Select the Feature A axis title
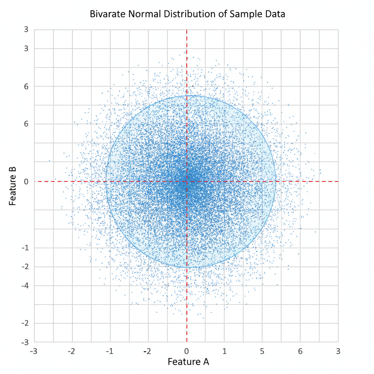click(188, 362)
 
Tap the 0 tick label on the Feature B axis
click(26, 182)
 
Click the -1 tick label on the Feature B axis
click(25, 248)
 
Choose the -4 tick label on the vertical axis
click(25, 286)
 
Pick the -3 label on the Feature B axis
click(25, 343)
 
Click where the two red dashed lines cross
click(187, 182)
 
